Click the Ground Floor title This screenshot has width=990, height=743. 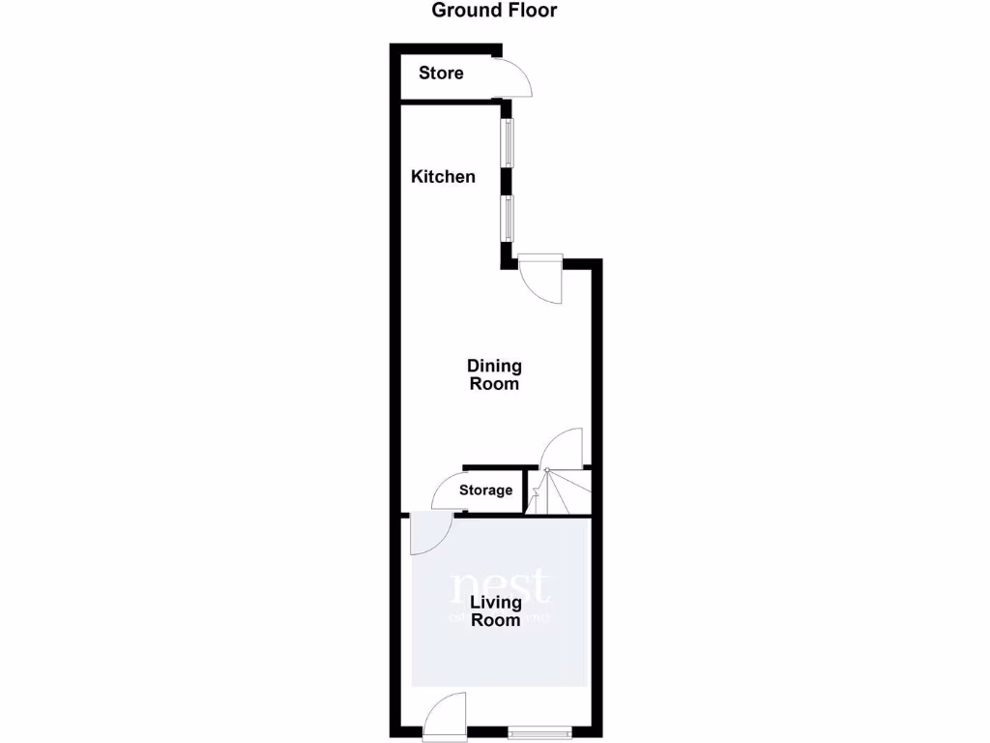(x=494, y=12)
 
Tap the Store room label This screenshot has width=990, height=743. (x=441, y=74)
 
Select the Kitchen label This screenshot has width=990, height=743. (x=443, y=177)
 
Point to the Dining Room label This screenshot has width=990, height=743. (x=494, y=374)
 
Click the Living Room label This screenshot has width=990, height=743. (x=496, y=611)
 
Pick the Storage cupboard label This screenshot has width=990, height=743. (x=485, y=490)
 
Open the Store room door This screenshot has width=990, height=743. (x=514, y=77)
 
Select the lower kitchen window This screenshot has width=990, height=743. (x=507, y=219)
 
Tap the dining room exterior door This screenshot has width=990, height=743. (x=539, y=279)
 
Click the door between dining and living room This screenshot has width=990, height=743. (x=427, y=534)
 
